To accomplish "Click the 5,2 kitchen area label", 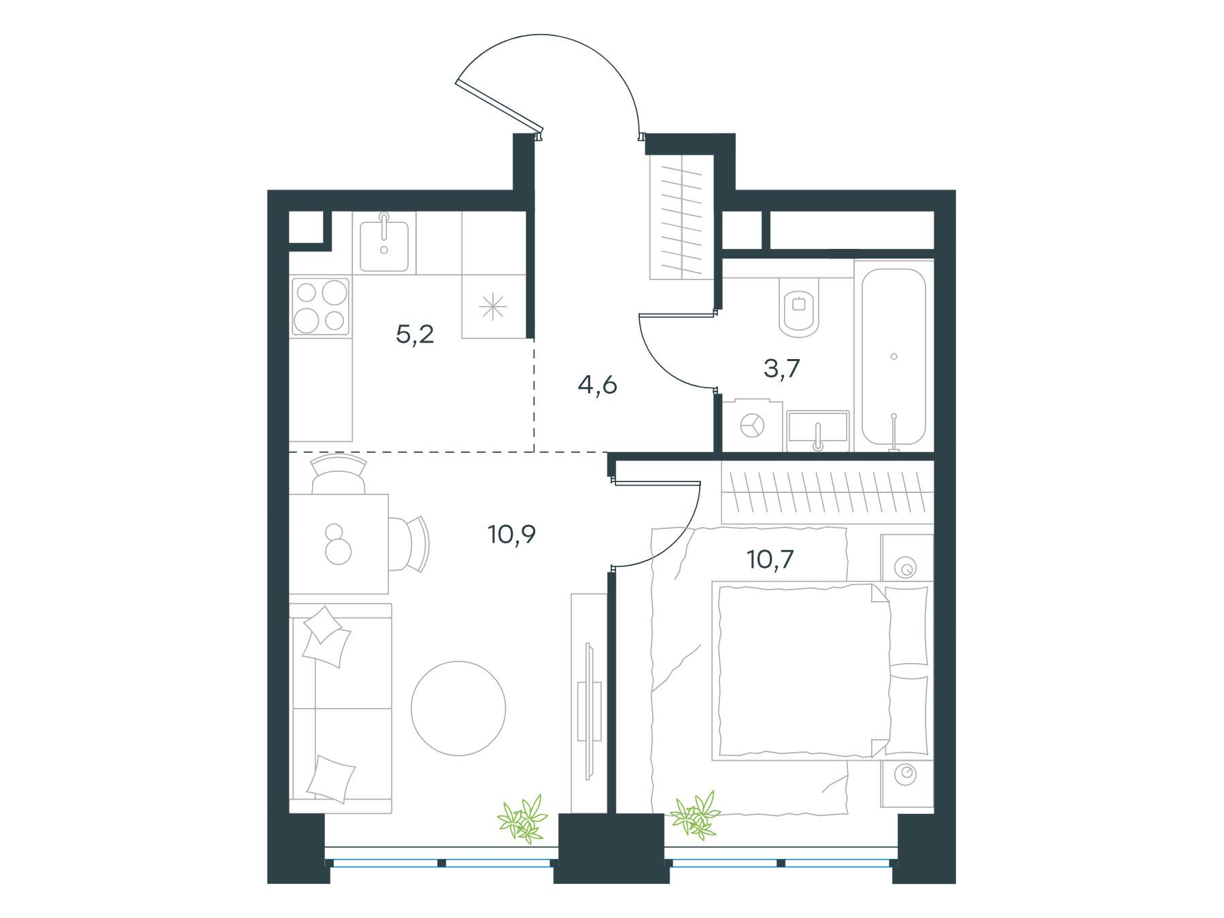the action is click(x=415, y=335).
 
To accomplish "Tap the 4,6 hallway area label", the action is click(x=597, y=386).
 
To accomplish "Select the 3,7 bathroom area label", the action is click(x=781, y=369).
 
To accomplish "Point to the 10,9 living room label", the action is click(x=511, y=534).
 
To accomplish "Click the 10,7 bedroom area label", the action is click(x=770, y=560).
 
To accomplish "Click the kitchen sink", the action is click(x=384, y=242).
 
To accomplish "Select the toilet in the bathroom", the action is click(x=800, y=309).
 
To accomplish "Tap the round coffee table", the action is click(x=458, y=709).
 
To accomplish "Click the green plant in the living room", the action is click(x=523, y=819).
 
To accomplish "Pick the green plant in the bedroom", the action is click(x=695, y=814).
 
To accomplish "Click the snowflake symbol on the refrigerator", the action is click(x=493, y=307).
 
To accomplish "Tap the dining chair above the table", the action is click(x=338, y=474).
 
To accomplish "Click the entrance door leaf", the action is click(x=499, y=107).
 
